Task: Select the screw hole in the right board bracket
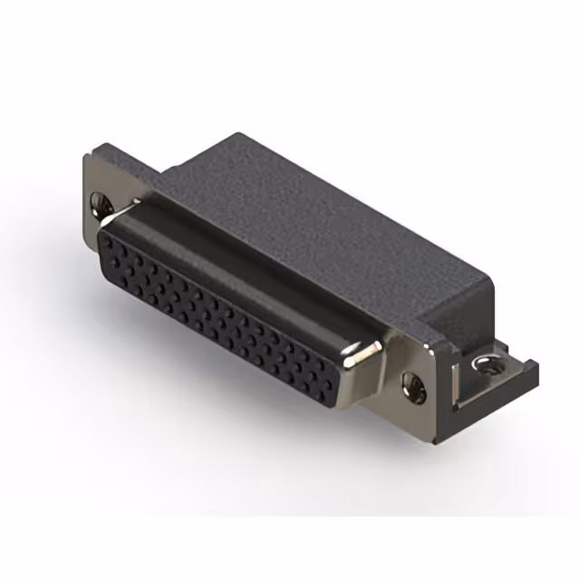click(490, 367)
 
